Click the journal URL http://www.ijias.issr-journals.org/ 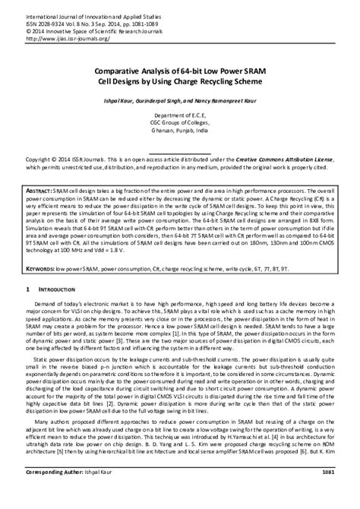[x=68, y=40]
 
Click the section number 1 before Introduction [x=29, y=290]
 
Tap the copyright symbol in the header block [x=30, y=31]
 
